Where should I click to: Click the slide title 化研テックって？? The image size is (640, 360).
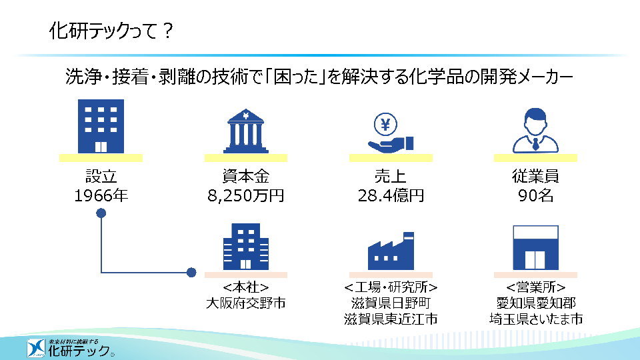[x=111, y=31]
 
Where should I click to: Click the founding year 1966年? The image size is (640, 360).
[x=101, y=195]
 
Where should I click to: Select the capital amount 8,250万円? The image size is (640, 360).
[x=246, y=195]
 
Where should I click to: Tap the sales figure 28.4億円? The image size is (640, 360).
[x=391, y=195]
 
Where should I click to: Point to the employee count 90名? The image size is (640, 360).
[x=535, y=195]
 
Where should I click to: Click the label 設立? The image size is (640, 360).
[x=101, y=176]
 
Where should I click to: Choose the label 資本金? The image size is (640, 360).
[x=246, y=176]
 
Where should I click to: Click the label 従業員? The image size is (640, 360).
[x=535, y=176]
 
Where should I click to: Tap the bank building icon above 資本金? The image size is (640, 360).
[x=246, y=131]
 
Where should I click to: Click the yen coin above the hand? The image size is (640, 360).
[x=385, y=124]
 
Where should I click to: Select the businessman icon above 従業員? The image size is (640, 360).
[x=535, y=130]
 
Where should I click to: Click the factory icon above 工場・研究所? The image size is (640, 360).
[x=391, y=251]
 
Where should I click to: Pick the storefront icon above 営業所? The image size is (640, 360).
[x=535, y=247]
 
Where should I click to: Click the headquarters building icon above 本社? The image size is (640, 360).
[x=246, y=247]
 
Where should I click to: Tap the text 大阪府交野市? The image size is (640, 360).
[x=246, y=303]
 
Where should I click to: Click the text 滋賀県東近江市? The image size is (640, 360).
[x=391, y=319]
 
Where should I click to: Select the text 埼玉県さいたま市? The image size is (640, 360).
[x=535, y=319]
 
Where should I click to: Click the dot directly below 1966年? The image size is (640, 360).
[x=101, y=213]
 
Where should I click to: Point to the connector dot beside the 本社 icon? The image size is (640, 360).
[x=191, y=272]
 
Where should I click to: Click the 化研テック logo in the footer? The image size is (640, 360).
[x=70, y=348]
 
